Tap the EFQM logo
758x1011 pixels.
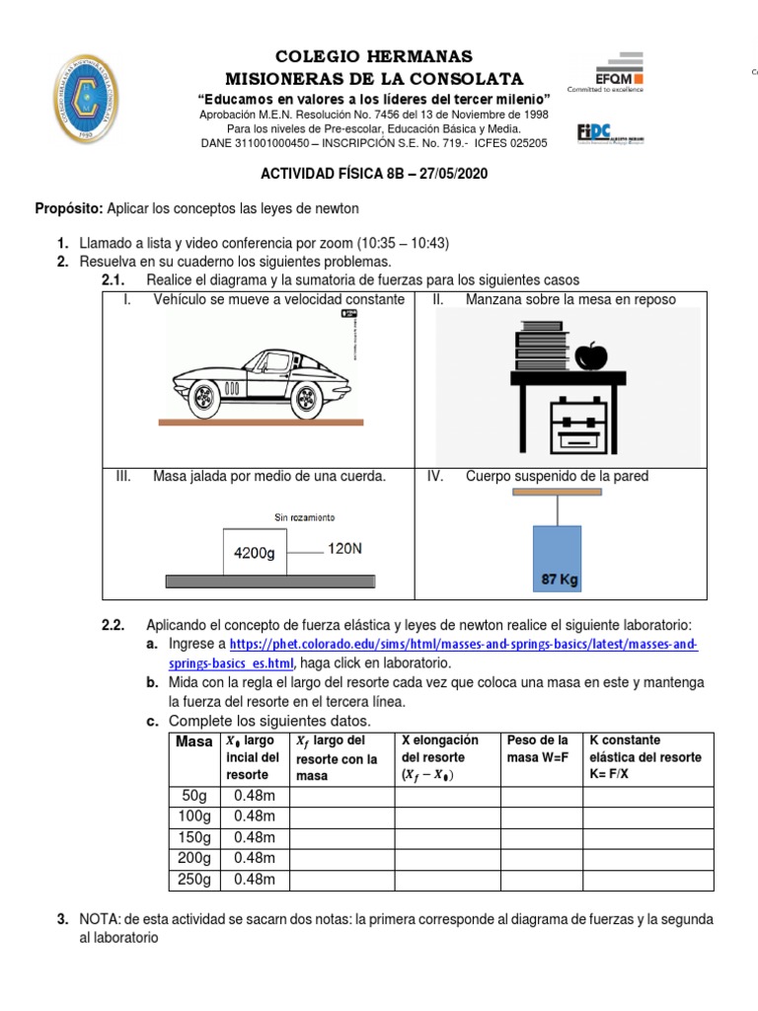605,70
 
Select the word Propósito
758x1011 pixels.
68,208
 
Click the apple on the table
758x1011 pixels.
591,354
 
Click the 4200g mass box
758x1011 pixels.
254,553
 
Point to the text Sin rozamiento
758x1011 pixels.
304,517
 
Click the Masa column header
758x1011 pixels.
193,742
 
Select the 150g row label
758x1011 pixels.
193,837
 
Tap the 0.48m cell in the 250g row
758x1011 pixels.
254,879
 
